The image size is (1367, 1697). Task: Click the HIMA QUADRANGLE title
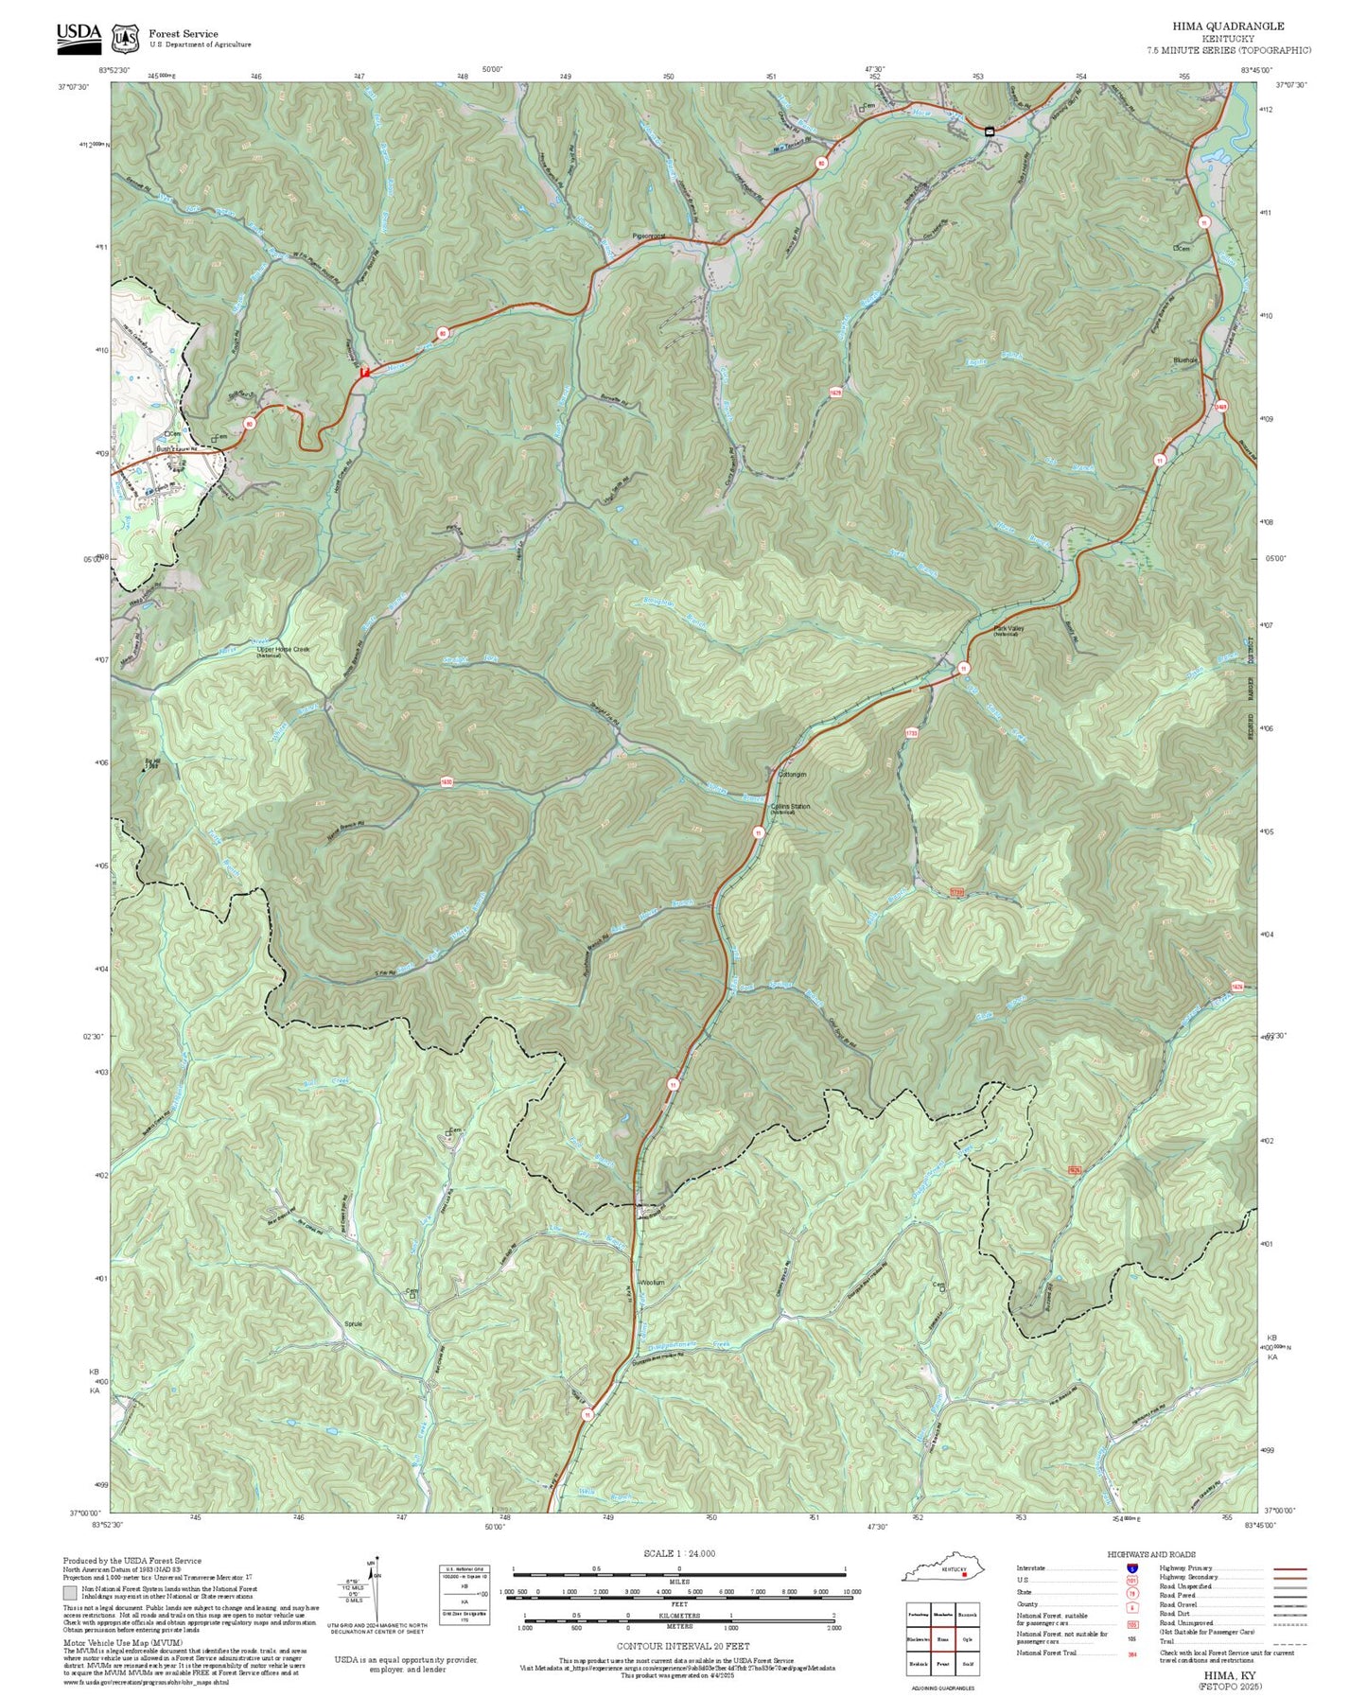pyautogui.click(x=1240, y=26)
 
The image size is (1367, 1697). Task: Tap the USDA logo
pyautogui.click(x=79, y=35)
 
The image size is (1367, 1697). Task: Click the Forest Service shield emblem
pyautogui.click(x=125, y=39)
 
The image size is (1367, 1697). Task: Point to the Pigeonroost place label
pyautogui.click(x=649, y=236)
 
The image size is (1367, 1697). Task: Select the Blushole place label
pyautogui.click(x=1184, y=360)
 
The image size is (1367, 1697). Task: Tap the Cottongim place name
pyautogui.click(x=791, y=775)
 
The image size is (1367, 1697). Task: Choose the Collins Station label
pyautogui.click(x=790, y=807)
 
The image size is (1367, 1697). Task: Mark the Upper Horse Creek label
pyautogui.click(x=283, y=650)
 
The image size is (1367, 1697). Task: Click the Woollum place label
pyautogui.click(x=652, y=1283)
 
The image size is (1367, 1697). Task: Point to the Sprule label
pyautogui.click(x=353, y=1324)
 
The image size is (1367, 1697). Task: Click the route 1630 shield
pyautogui.click(x=447, y=782)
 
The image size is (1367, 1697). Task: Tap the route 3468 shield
pyautogui.click(x=1221, y=407)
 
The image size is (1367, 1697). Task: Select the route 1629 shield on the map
pyautogui.click(x=835, y=392)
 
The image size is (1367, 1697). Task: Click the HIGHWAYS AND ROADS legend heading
pyautogui.click(x=1151, y=1554)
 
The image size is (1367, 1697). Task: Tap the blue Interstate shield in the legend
pyautogui.click(x=1132, y=1568)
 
